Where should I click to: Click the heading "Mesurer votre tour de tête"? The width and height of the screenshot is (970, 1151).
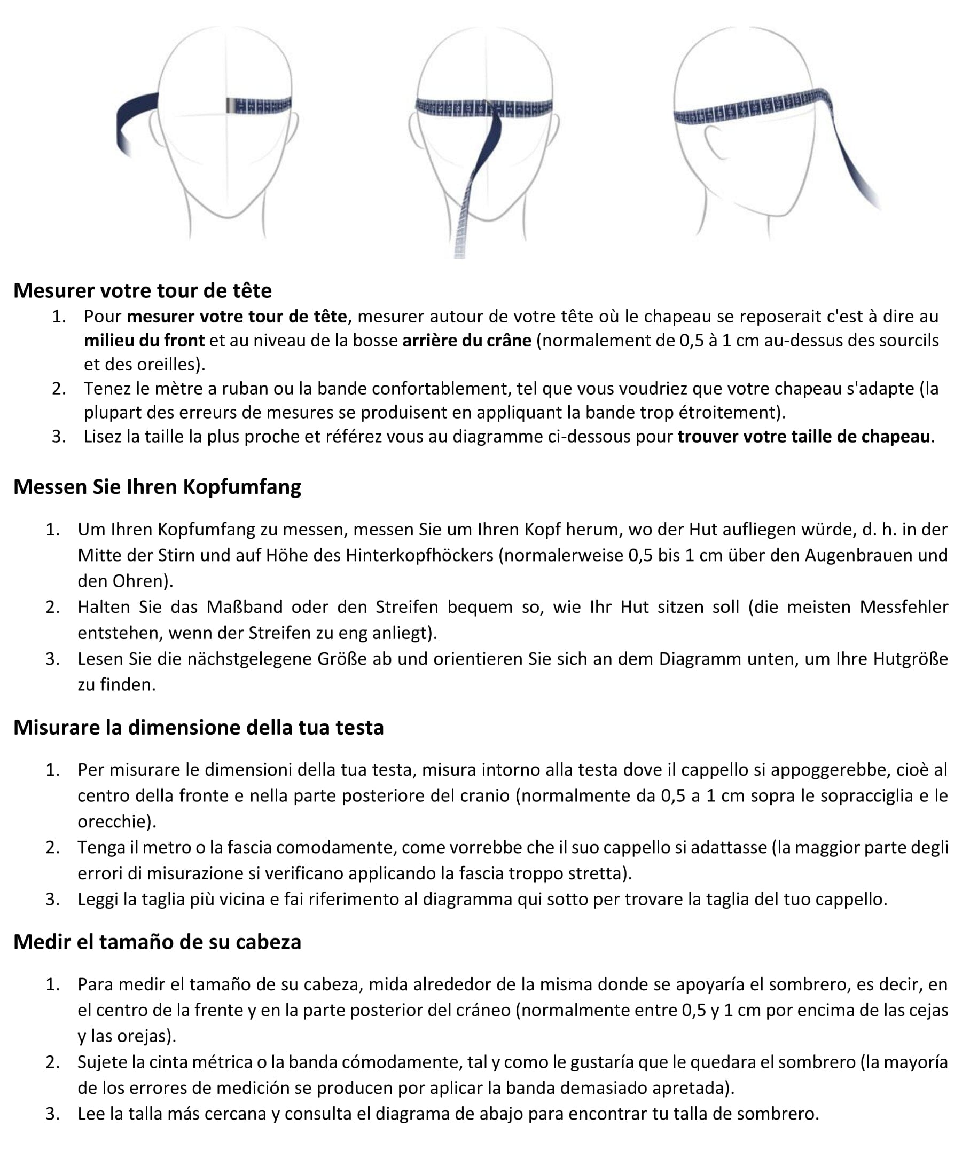tap(143, 291)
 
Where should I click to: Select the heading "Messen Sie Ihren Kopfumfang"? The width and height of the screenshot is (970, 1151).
tap(157, 486)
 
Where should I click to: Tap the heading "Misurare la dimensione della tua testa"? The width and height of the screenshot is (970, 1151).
tap(199, 727)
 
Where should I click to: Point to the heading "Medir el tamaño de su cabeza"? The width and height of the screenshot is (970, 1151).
tap(157, 942)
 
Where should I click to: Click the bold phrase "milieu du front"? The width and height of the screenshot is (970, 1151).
tap(144, 341)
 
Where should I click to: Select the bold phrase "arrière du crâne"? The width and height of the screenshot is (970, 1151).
tap(467, 341)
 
